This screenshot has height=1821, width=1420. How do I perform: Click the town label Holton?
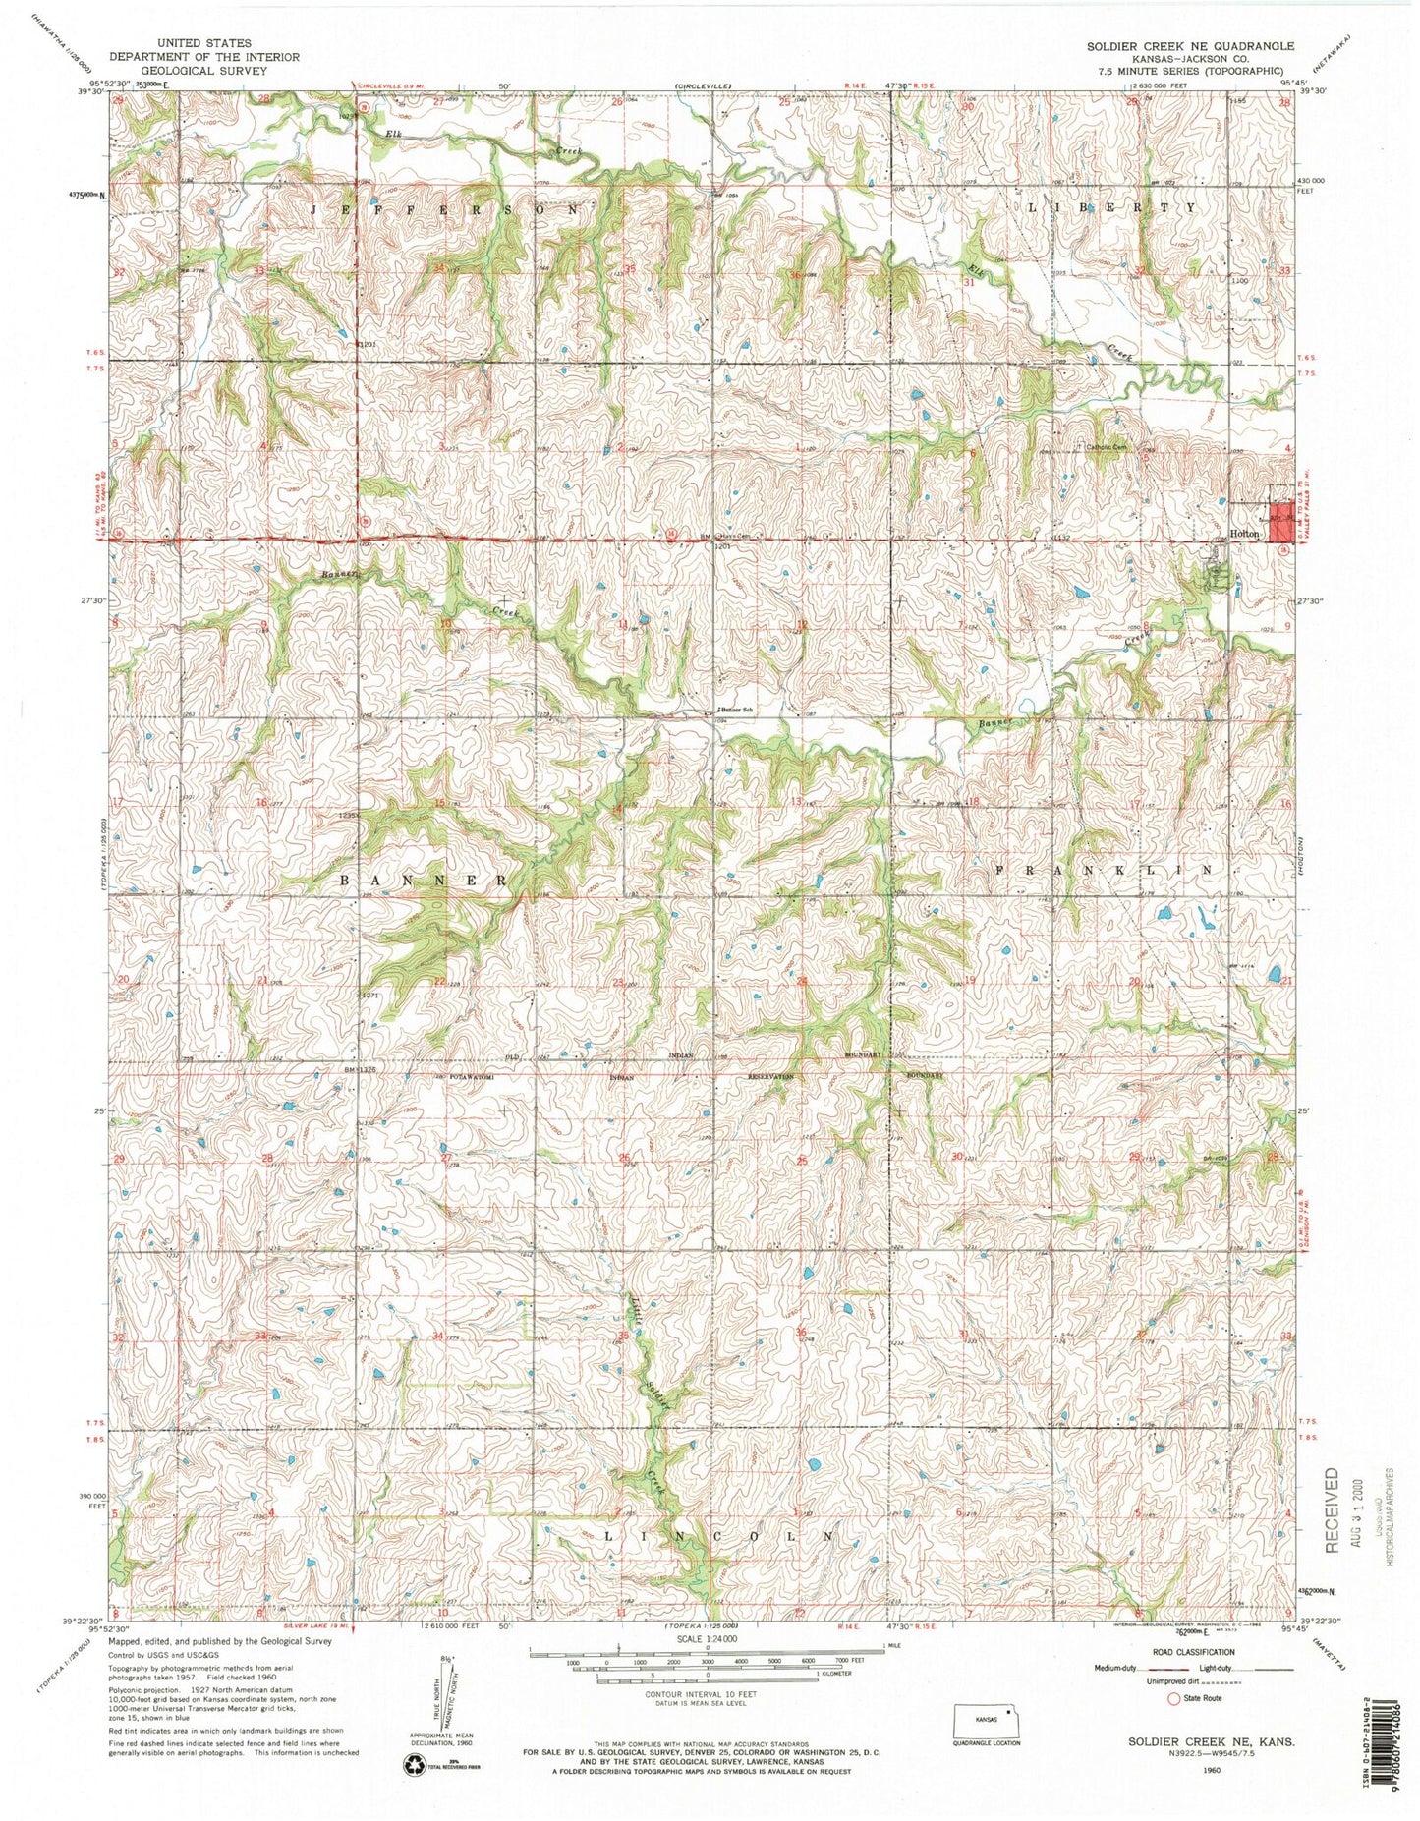pos(1244,535)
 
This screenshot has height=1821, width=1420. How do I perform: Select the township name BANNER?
pos(425,880)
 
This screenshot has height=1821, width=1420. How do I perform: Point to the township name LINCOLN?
pos(719,1535)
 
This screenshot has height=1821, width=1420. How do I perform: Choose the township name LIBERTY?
pos(1111,208)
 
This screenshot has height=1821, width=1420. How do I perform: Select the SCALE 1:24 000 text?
pos(710,1639)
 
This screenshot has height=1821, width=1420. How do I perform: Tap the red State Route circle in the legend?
pos(1172,1697)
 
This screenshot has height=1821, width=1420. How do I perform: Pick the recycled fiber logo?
pos(413,1765)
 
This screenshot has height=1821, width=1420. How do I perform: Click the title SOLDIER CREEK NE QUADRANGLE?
pos(1189,46)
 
